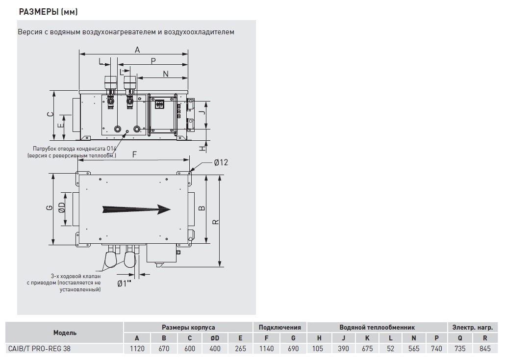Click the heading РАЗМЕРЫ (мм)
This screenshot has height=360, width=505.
coord(48,11)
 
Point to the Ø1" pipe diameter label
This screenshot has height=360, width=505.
coord(125,283)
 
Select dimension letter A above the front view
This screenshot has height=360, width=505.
coord(137,49)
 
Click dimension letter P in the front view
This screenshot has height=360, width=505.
coord(153,61)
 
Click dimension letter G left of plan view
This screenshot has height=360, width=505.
coord(49,207)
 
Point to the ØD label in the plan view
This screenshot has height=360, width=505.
coord(62,208)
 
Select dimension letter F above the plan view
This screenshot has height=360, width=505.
coord(134,154)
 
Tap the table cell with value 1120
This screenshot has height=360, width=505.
coord(137,349)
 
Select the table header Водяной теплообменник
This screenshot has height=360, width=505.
coord(377,327)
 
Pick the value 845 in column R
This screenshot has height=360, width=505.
coord(485,349)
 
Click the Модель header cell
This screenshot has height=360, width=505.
coord(65,333)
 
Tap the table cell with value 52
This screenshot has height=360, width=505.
coord(390,349)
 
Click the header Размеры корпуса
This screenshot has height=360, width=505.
coord(188,327)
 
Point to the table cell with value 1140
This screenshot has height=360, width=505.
coord(266,349)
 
